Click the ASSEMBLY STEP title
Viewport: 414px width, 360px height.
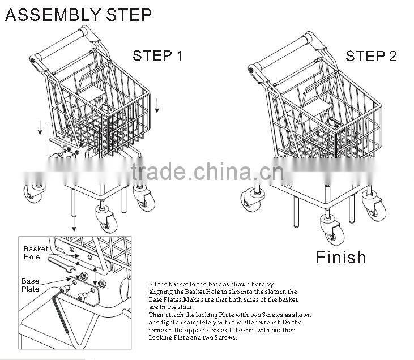78,15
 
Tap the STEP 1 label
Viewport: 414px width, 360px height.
158,56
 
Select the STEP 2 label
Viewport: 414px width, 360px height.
371,56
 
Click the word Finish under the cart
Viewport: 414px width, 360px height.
341,258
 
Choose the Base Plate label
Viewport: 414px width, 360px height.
31,285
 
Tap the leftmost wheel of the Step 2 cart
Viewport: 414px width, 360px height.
249,201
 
